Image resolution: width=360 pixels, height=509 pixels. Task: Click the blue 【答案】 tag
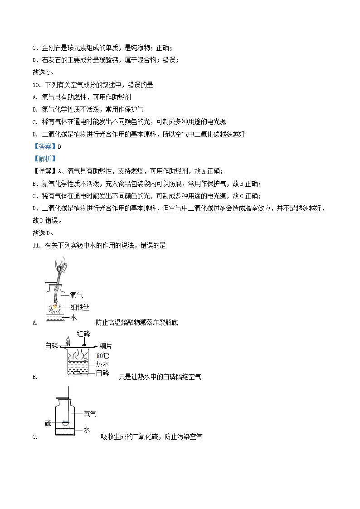[x=44, y=146]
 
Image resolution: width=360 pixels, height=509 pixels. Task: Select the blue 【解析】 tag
[x=44, y=159]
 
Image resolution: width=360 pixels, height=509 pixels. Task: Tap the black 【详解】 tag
[x=44, y=171]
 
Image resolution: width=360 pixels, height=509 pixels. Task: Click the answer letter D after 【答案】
[x=59, y=146]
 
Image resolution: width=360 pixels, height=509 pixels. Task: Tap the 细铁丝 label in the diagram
[x=80, y=308]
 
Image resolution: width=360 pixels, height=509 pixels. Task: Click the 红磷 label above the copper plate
[x=83, y=334]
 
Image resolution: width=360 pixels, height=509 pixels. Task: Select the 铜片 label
[x=106, y=346]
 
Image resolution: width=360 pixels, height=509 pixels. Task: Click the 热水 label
[x=102, y=364]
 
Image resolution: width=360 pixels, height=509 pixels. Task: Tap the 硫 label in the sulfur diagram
[x=48, y=423]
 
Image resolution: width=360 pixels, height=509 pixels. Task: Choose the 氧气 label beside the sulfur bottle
[x=90, y=414]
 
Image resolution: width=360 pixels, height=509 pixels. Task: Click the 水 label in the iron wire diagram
[x=73, y=318]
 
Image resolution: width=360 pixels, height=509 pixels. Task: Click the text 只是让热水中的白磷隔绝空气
[x=160, y=377]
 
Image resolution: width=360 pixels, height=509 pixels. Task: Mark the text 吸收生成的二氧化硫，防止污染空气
[x=151, y=437]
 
